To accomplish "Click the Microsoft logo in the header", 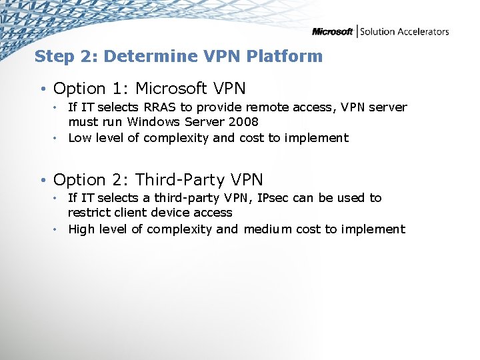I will click(x=332, y=31).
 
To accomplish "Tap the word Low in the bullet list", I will click(x=80, y=138).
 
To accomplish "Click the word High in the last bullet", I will click(x=81, y=229).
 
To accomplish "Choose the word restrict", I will click(x=88, y=213).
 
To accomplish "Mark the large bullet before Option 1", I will click(x=42, y=89).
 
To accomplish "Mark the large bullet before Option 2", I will click(x=42, y=180).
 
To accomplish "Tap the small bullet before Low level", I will click(x=58, y=138).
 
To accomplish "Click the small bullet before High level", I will click(x=58, y=229).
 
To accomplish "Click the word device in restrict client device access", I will click(x=170, y=213).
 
